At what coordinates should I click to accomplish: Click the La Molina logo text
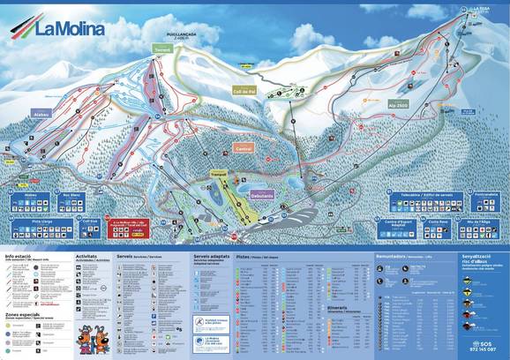click(70, 27)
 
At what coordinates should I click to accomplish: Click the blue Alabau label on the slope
click(41, 114)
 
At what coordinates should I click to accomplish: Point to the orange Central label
click(244, 149)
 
